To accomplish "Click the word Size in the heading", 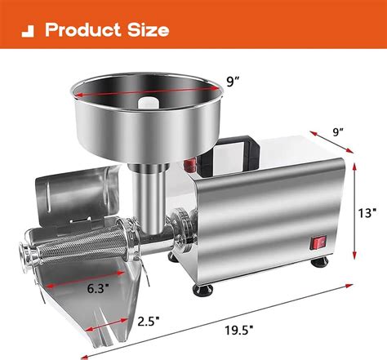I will click(148, 30).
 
